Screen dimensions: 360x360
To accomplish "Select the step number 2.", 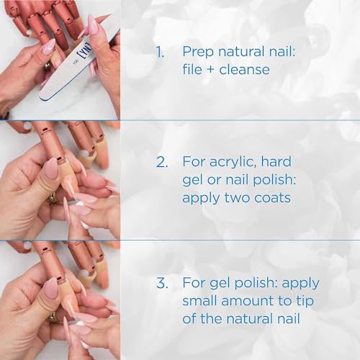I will pyautogui.click(x=159, y=163).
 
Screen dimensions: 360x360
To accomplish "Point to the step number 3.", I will pyautogui.click(x=159, y=283).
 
